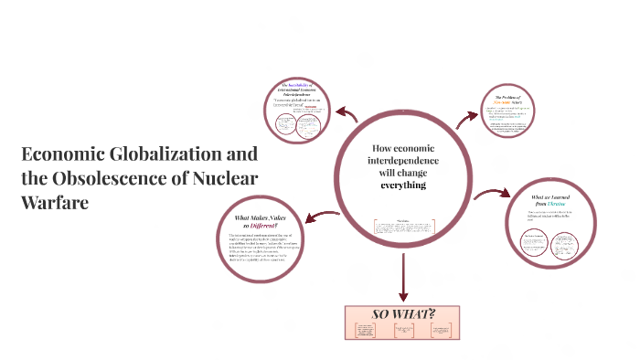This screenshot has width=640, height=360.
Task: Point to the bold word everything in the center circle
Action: (x=403, y=185)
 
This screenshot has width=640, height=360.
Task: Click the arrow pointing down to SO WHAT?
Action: (x=402, y=274)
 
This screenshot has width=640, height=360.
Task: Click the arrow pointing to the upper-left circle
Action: (x=348, y=114)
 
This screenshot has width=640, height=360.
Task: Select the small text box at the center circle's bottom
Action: (x=402, y=226)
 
